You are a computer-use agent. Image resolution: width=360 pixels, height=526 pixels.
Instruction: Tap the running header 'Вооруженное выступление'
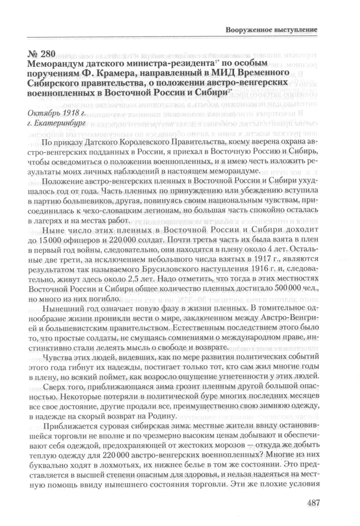[271, 30]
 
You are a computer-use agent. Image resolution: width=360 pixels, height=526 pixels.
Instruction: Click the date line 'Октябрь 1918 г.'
[57, 113]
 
